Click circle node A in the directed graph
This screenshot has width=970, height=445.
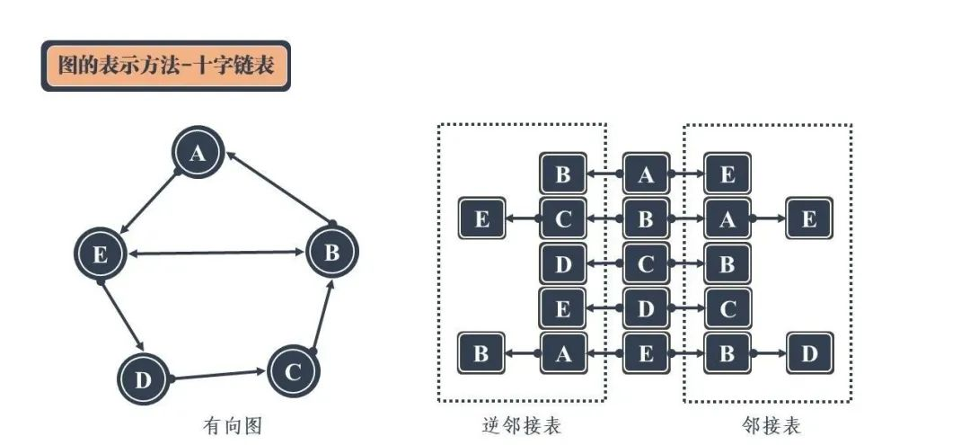tap(198, 152)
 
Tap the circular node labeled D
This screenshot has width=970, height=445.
tap(143, 378)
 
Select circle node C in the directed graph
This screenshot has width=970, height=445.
tap(293, 370)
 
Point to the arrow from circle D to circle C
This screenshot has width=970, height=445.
tap(218, 375)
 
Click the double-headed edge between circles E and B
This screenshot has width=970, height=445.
tap(216, 252)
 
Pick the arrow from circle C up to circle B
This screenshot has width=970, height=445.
tap(323, 316)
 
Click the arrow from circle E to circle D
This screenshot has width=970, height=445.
tap(122, 316)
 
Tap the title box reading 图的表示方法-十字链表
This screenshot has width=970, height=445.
tap(166, 66)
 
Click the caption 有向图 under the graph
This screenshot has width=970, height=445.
tap(233, 426)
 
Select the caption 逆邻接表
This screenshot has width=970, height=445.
tap(522, 426)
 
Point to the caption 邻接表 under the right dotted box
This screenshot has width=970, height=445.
tap(771, 426)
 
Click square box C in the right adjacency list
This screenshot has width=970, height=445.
tap(727, 308)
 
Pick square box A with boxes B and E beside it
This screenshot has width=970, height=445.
tap(645, 174)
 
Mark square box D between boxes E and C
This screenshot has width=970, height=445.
tap(645, 308)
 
